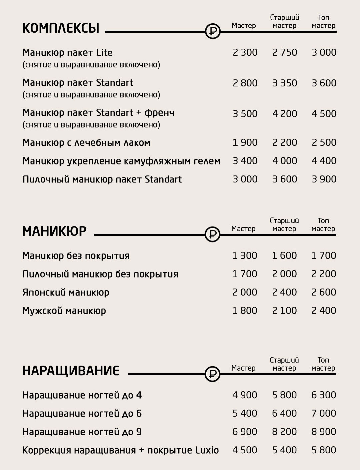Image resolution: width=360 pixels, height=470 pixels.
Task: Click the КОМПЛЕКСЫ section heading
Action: point(61,28)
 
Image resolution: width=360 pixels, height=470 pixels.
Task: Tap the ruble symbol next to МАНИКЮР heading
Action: point(212,234)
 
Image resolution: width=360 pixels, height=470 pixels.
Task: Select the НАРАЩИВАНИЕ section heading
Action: point(71,371)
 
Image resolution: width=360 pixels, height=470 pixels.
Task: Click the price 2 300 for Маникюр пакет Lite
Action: point(245,52)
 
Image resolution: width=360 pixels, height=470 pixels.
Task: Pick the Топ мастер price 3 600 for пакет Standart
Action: point(324,83)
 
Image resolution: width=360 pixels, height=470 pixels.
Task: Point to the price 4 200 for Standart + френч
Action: point(284,114)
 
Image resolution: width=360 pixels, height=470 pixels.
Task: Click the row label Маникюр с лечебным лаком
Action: point(86,143)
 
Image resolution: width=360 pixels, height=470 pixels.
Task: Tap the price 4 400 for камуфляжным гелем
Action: point(324,161)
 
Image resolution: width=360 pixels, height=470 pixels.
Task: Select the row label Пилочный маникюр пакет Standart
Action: point(102,179)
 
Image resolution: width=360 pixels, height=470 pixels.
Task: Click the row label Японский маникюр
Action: point(66,293)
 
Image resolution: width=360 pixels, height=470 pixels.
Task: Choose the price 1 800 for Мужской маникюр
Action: point(245,311)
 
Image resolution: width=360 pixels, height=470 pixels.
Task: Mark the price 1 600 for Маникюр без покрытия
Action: point(284,256)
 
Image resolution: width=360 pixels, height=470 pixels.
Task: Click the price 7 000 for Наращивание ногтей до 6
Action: point(324,413)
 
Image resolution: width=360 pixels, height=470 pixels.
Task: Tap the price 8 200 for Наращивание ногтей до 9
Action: point(284,432)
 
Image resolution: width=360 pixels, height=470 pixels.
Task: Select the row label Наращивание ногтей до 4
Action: point(82,395)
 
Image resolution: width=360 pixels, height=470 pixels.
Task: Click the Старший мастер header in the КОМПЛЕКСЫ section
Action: point(284,21)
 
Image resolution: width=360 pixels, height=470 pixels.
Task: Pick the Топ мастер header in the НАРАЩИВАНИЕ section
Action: point(323,364)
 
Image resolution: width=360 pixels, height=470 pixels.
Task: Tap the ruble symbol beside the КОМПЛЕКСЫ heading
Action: point(213,32)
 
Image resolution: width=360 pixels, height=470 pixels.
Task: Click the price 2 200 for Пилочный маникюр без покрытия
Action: point(324,274)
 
